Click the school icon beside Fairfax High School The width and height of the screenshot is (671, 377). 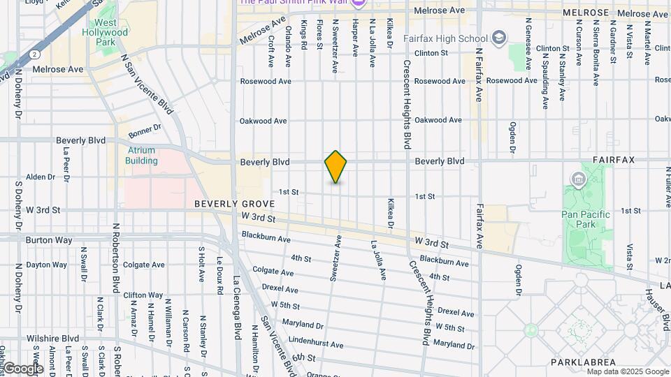(498, 37)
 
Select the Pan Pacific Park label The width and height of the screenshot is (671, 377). (586, 219)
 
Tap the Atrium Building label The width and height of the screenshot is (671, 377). (141, 155)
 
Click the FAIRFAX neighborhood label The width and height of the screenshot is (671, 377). (613, 160)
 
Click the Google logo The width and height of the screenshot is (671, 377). (22, 368)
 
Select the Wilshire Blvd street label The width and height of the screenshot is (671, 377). (52, 339)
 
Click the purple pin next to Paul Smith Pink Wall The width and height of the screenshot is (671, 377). (359, 3)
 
